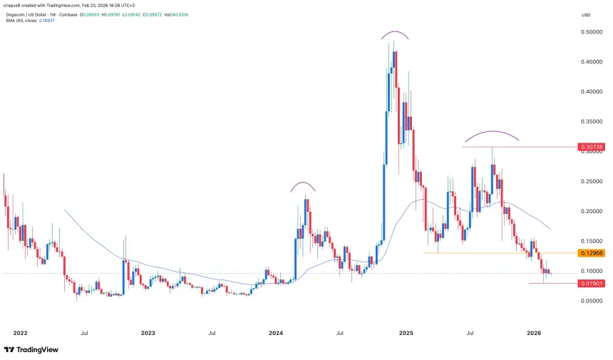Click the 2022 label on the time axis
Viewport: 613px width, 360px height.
point(20,333)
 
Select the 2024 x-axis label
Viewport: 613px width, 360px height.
point(277,333)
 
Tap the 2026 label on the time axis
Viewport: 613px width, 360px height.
point(535,333)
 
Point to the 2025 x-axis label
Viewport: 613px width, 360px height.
point(406,333)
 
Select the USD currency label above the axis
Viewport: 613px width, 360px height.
point(587,14)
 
